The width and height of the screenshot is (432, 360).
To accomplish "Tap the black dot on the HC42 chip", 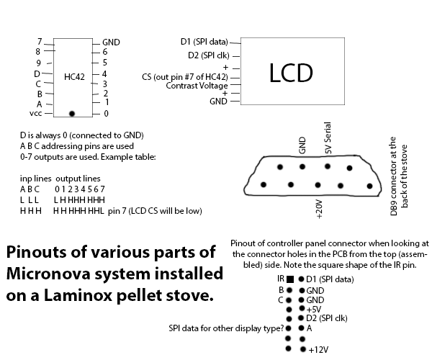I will point(71,113).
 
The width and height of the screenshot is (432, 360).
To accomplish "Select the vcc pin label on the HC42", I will point(35,114).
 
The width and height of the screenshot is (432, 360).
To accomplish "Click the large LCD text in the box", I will point(291,72).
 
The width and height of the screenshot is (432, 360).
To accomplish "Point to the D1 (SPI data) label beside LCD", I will point(204,41).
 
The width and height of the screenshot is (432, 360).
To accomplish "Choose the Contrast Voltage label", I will point(197,86).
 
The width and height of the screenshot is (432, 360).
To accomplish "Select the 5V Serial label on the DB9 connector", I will point(328,141).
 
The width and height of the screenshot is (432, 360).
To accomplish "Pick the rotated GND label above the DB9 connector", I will point(302,147).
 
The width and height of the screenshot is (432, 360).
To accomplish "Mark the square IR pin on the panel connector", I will point(289,279).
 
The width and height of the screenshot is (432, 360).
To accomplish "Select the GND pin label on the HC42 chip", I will point(111,42).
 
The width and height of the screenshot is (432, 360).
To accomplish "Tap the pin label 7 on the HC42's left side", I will point(40,41).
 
